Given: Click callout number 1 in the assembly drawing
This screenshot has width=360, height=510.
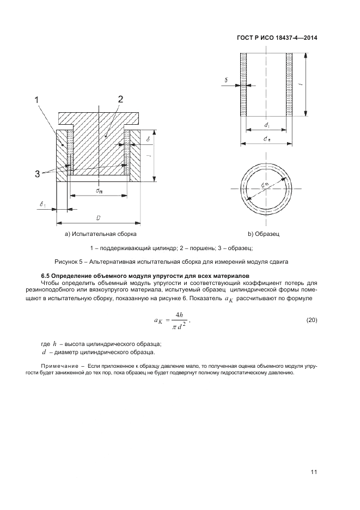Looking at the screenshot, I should coord(36,100).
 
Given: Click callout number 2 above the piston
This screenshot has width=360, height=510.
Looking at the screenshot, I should coord(120,99).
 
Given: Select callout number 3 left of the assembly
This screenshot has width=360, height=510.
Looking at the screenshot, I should coord(38,173).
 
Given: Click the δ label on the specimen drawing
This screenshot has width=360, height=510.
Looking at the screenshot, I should coord(226,80).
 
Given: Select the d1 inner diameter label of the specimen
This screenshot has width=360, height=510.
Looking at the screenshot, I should coord(266,125).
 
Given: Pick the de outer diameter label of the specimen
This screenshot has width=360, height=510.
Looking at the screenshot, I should coord(266,139).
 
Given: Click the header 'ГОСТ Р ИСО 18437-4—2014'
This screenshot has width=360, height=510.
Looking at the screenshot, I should coord(277,38).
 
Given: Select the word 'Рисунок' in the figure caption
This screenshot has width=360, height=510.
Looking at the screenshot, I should coord(67,262).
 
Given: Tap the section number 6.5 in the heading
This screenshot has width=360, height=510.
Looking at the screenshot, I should coord(47,276).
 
